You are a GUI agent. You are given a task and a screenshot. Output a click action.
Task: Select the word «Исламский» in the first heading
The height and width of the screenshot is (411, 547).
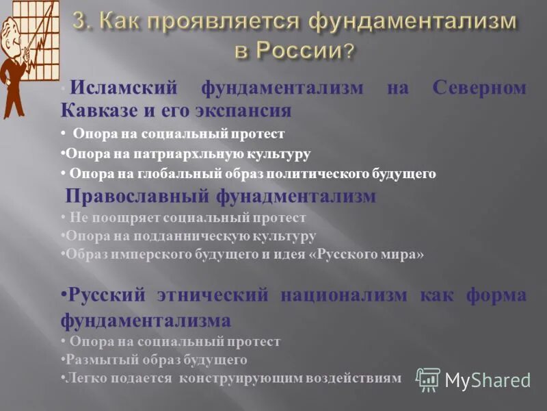[124, 88]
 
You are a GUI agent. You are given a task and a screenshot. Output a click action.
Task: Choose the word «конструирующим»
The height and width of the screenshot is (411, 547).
[239, 377]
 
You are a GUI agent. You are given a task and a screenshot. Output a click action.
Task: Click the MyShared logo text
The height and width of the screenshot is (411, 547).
[488, 380]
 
